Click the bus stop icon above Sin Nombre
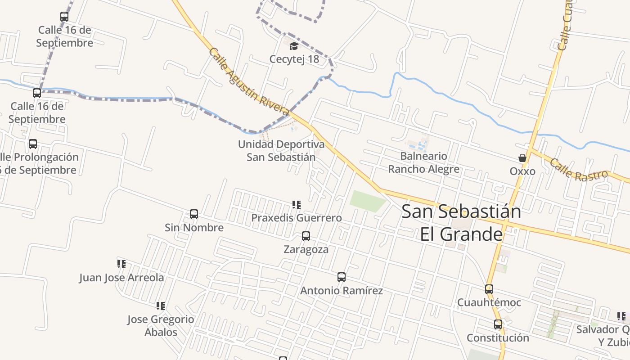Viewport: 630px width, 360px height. point(194,214)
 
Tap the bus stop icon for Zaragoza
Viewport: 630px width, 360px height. point(306,236)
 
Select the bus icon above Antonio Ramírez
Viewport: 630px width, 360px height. point(342,277)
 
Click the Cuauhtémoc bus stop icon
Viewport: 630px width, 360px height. point(489,289)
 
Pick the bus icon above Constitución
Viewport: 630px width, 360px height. point(498,324)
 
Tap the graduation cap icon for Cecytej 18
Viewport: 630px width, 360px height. point(294,46)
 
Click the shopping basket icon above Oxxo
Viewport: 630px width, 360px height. point(522,158)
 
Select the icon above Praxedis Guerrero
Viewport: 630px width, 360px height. point(297,205)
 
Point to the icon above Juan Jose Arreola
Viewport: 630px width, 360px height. point(121,264)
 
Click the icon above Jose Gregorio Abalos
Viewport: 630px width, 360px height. point(161,306)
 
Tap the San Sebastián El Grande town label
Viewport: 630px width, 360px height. point(461,223)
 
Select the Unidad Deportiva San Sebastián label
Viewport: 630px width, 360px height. point(281,151)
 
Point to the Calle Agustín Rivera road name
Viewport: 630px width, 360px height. point(249,81)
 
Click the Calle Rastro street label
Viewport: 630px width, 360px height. point(578,170)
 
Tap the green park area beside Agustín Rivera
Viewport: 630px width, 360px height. point(367,201)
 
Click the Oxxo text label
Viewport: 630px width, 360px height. point(522,171)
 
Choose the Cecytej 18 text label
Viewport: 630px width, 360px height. point(294,59)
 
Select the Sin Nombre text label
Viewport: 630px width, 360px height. point(194,228)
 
